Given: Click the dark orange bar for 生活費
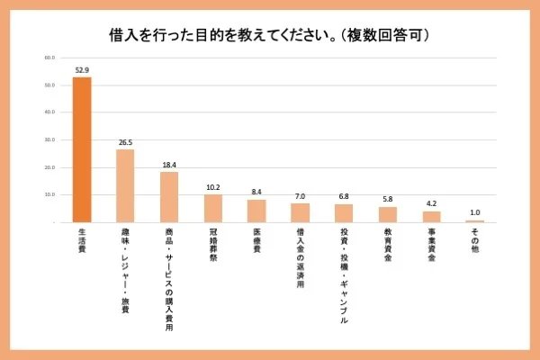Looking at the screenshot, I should pyautogui.click(x=82, y=149).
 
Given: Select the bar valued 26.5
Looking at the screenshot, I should pyautogui.click(x=125, y=185).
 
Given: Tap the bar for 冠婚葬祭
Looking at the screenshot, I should pyautogui.click(x=212, y=208).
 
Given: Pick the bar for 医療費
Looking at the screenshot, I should pyautogui.click(x=256, y=211).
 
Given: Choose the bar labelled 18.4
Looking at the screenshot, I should pyautogui.click(x=169, y=196).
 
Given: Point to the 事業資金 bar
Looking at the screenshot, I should pyautogui.click(x=431, y=216).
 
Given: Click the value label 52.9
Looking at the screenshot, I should pyautogui.click(x=82, y=69).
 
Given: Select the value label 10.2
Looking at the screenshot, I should pyautogui.click(x=212, y=187).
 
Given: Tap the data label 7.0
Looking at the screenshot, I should pyautogui.click(x=300, y=196).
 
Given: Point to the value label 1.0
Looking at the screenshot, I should pyautogui.click(x=475, y=212).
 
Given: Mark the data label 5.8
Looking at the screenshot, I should pyautogui.click(x=388, y=199).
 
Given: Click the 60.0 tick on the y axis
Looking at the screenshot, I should pyautogui.click(x=49, y=58).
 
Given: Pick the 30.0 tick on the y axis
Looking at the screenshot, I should pyautogui.click(x=49, y=140).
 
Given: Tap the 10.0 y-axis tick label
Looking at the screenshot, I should pyautogui.click(x=49, y=195).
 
